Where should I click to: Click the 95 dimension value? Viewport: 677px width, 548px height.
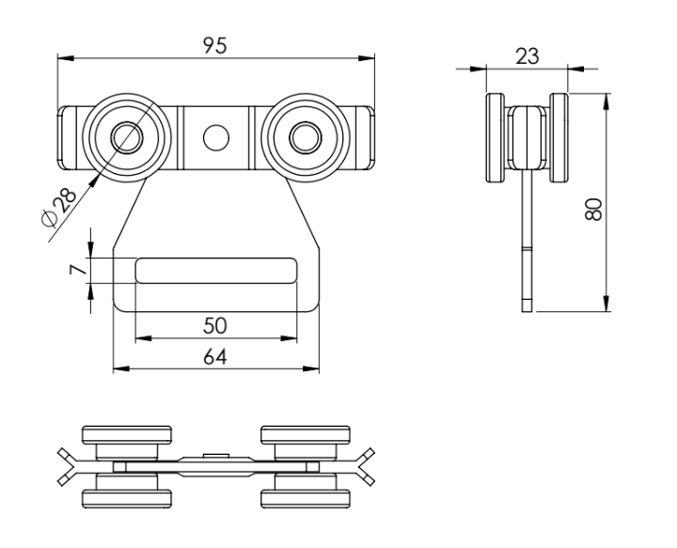tap(215, 44)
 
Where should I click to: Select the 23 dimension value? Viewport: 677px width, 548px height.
tap(527, 55)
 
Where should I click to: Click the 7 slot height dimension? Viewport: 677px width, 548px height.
tap(79, 270)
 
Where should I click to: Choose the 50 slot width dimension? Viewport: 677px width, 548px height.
tap(215, 325)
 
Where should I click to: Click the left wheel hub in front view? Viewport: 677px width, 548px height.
tap(124, 138)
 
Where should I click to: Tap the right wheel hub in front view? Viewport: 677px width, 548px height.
tap(303, 138)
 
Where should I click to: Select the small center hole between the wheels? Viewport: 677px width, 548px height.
tap(215, 138)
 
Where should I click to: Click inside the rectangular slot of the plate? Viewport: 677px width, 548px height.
tap(215, 270)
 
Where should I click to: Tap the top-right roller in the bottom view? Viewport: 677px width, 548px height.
tap(304, 435)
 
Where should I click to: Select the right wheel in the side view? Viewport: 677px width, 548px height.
tap(560, 138)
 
